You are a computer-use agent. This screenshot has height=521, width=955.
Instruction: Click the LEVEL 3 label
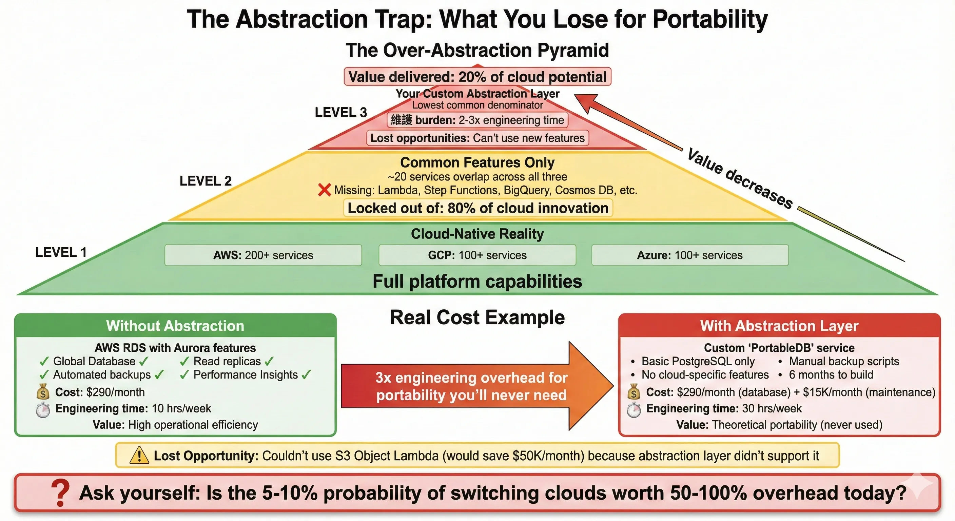(x=340, y=112)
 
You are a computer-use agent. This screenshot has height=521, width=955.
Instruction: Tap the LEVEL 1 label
(x=61, y=252)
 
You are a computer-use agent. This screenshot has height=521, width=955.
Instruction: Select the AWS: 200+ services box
(x=263, y=255)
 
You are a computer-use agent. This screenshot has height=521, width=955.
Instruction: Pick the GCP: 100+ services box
(x=477, y=255)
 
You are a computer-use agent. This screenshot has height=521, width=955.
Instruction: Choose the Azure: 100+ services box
(x=689, y=255)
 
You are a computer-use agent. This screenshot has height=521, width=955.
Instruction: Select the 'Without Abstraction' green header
(x=175, y=326)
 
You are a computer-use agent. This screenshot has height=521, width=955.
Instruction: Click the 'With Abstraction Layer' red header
(x=779, y=326)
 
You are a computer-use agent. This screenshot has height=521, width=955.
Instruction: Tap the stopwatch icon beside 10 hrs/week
(x=43, y=409)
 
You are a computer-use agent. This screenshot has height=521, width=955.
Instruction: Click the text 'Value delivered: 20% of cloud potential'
(x=477, y=77)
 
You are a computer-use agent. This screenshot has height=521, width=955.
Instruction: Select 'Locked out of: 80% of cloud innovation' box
(x=478, y=208)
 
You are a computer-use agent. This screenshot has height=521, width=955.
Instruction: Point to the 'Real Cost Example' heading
(x=477, y=317)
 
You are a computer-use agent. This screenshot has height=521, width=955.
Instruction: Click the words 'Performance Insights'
(x=246, y=374)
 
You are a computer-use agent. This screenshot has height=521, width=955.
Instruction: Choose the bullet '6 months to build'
(x=831, y=374)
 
